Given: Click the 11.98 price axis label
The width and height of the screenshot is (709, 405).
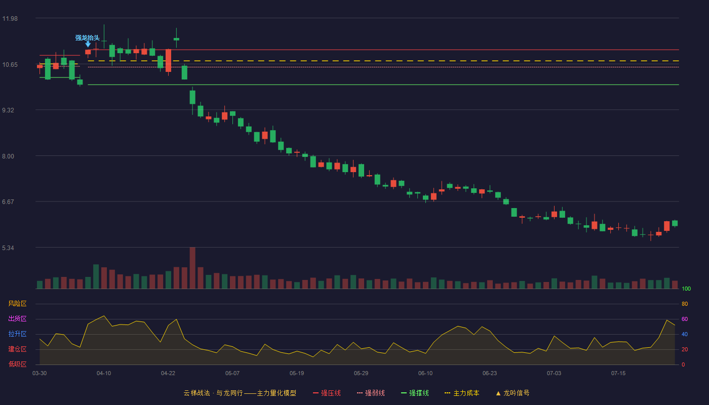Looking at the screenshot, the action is coord(10,19).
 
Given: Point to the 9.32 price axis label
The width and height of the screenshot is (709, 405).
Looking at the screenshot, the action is coord(8,110).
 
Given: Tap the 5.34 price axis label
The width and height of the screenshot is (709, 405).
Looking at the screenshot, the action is coord(8,248).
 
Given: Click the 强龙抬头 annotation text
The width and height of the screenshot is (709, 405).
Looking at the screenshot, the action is coord(87,38).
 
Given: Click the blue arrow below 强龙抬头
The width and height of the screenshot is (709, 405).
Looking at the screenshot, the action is coord(88,45).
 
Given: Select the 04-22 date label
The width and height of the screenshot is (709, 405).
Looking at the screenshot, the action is coord(168,374).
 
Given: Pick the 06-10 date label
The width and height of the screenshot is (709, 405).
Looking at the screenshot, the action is coord(425,374).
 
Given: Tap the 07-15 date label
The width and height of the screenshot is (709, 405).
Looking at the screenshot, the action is coord(618,374).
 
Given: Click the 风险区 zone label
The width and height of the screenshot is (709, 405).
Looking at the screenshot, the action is coord(17,304).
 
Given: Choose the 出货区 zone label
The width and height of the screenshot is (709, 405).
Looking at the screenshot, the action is coord(17,318).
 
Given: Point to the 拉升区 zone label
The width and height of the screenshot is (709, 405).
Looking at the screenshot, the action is coord(17,334).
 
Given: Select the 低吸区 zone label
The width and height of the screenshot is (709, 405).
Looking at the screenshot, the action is coord(17,364).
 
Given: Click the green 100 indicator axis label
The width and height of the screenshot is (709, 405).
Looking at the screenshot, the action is coord(686,289).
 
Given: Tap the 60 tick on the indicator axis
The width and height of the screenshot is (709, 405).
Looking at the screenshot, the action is coord(685,319).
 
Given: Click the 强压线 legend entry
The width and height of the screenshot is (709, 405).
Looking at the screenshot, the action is coord(327,393).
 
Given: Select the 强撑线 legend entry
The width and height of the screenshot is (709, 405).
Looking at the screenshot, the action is coord(415,393).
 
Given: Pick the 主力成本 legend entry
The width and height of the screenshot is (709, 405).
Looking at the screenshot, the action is coord(462,393).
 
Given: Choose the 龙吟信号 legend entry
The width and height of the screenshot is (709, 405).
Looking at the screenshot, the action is coord(513,393).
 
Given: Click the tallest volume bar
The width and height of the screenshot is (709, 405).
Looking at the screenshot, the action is coord(192,268).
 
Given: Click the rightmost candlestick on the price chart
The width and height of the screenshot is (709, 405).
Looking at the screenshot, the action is coord(675,223).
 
